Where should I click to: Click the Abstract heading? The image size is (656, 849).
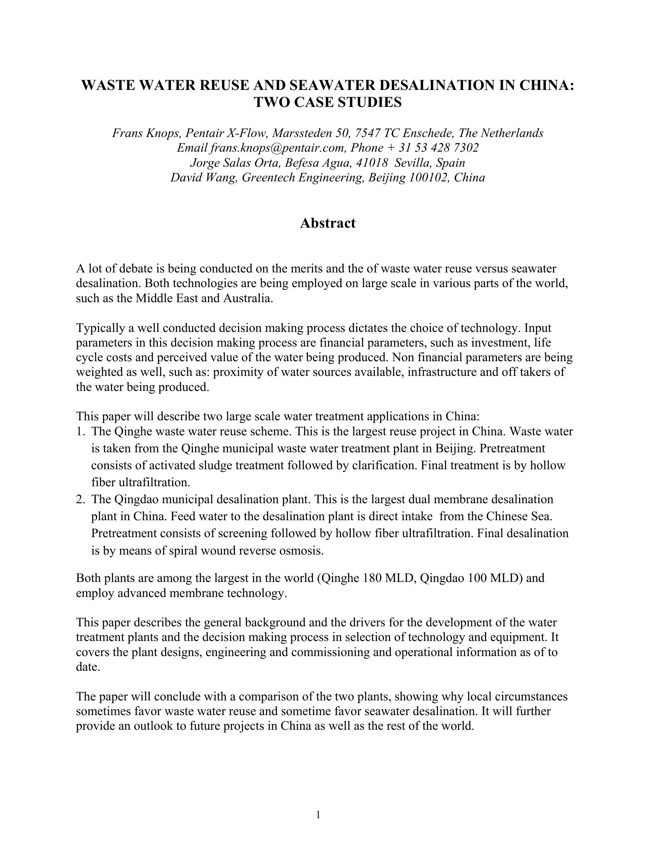click(x=327, y=223)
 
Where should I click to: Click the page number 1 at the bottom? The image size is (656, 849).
click(x=318, y=815)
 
